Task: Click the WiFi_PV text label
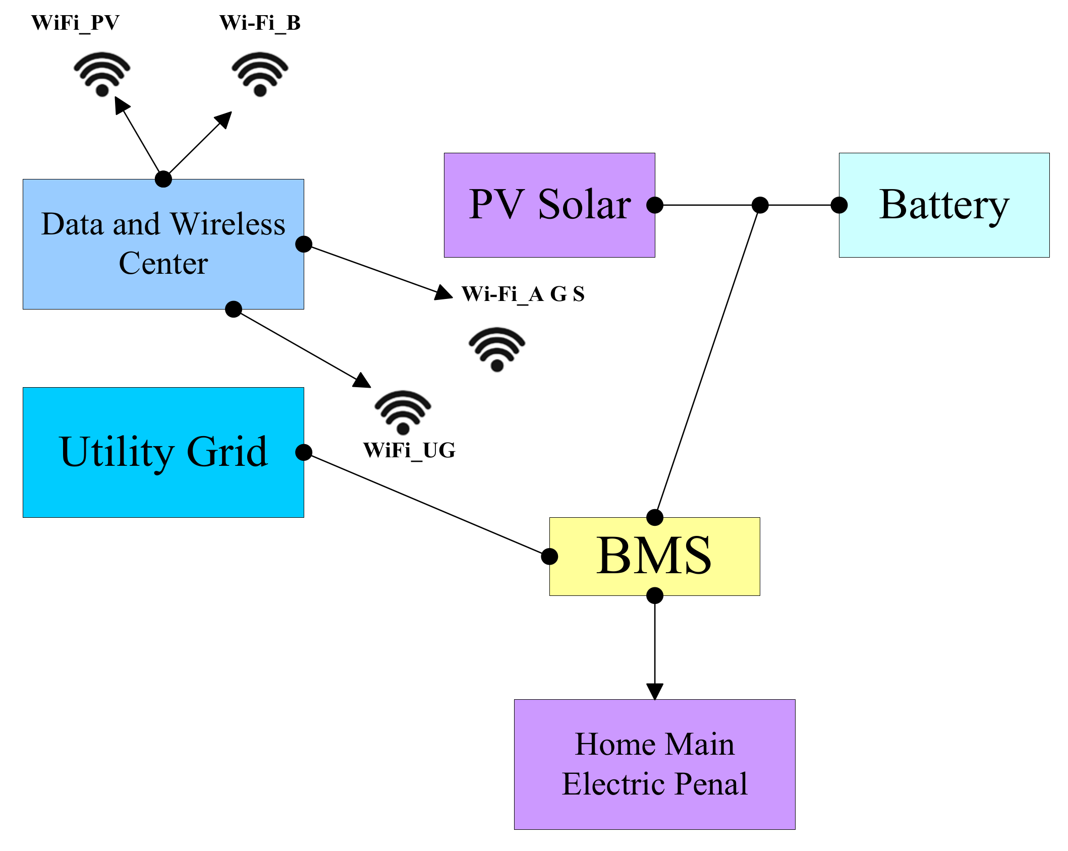coord(75,23)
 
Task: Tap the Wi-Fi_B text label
coord(260,23)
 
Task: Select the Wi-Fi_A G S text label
coord(523,294)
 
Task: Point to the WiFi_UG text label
coord(409,450)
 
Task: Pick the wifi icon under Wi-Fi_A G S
coord(497,349)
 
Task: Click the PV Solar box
coord(549,205)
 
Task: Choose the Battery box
coord(944,205)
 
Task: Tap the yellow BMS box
coord(654,556)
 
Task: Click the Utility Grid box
coord(163,452)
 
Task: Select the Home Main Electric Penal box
coord(654,764)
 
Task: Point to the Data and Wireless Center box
coord(163,244)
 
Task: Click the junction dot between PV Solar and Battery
coord(760,205)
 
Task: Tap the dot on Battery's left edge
coord(839,205)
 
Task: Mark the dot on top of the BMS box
coord(654,517)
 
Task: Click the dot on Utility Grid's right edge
coord(304,452)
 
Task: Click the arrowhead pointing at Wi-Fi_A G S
coord(444,293)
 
